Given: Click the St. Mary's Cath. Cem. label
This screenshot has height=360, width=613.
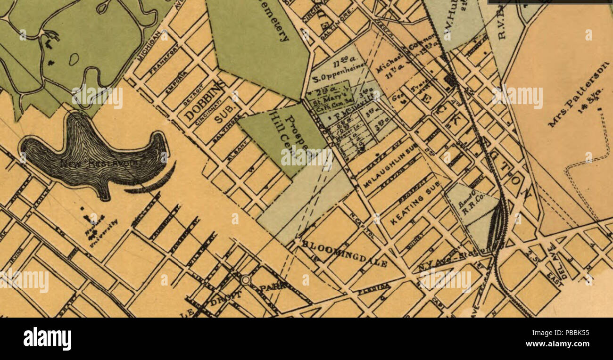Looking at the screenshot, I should (329, 102).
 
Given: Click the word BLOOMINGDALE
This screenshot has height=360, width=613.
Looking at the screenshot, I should (344, 253).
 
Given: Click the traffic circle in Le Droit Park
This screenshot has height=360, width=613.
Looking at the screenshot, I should (245, 280).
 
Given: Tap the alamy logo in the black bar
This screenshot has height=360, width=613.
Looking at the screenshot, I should (47, 338).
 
